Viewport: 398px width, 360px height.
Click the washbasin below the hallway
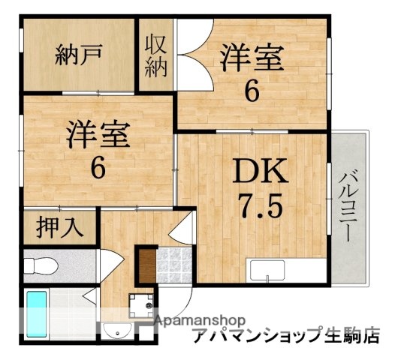[x=113, y=332]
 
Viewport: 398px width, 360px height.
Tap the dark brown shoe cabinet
[x=146, y=264]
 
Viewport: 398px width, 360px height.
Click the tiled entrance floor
[x=174, y=263]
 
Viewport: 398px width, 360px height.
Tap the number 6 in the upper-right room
[x=252, y=90]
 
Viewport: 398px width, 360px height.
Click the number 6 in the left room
[x=98, y=168]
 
